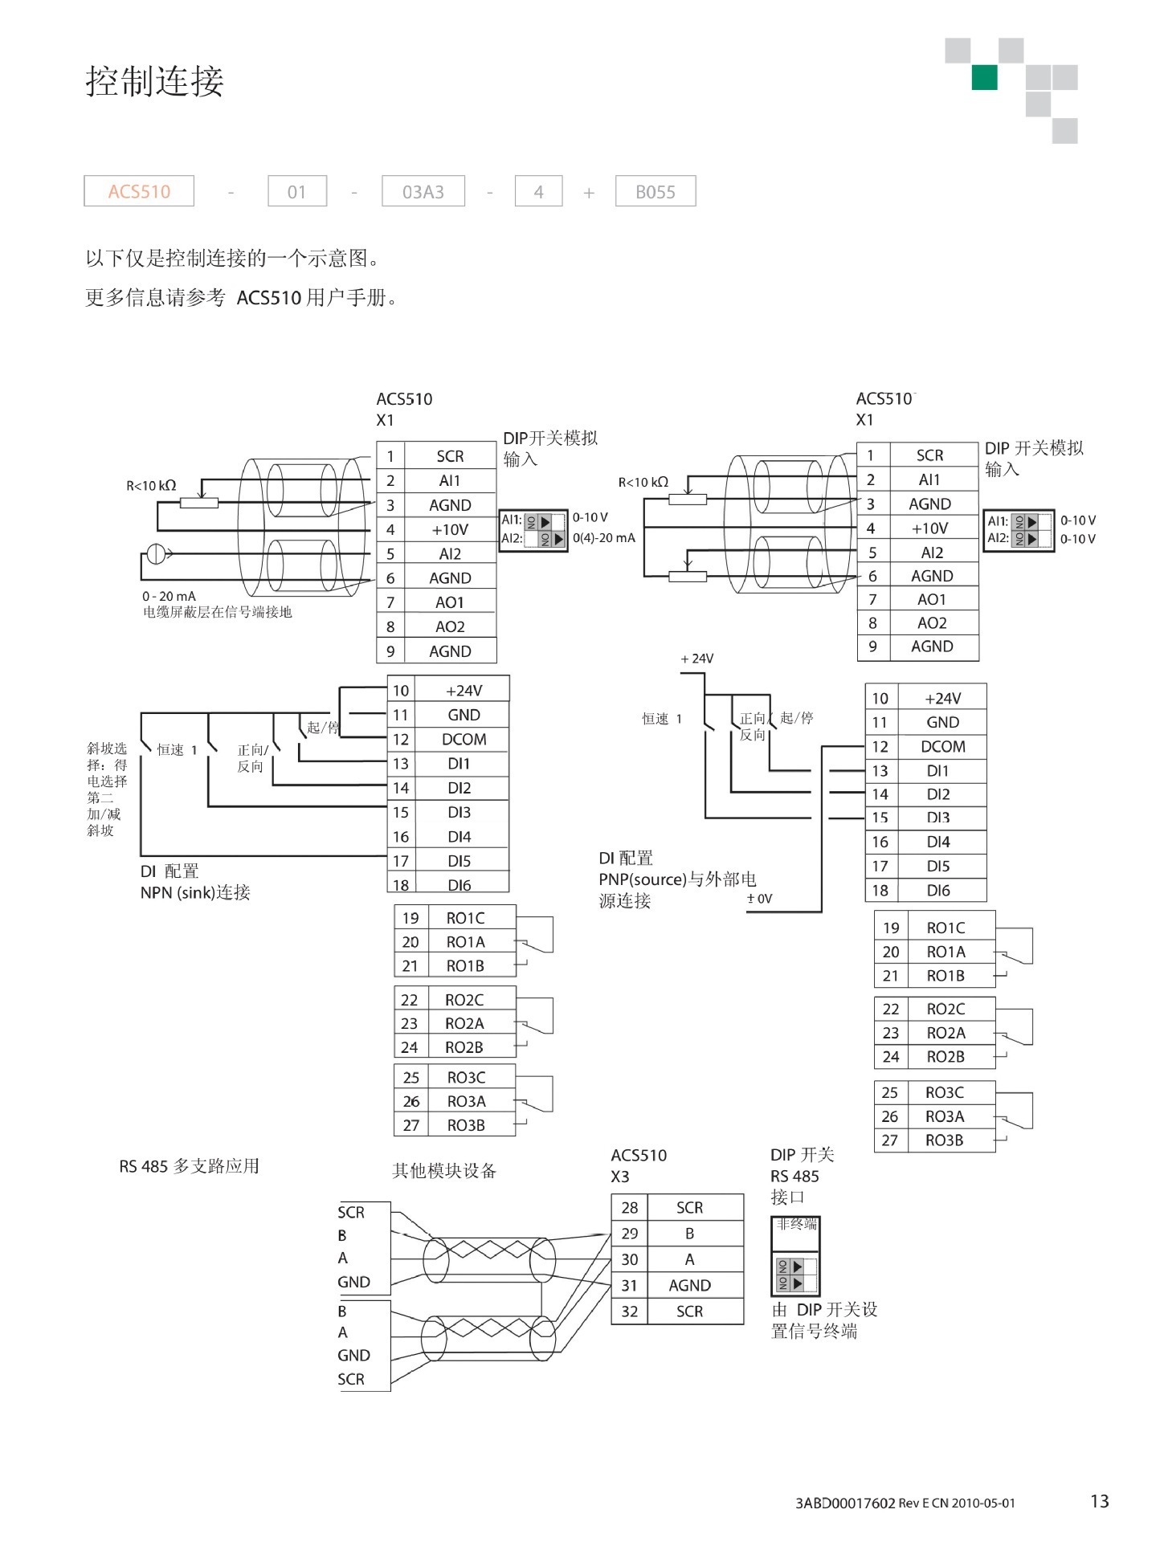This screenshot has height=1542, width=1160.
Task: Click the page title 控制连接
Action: point(154,82)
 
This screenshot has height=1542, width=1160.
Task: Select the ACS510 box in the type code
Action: point(139,191)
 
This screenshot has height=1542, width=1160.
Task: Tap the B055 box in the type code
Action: point(655,192)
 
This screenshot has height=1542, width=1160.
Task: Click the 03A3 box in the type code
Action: point(423,192)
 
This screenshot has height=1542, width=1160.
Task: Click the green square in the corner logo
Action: point(984,78)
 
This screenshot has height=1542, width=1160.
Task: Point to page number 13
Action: point(1099,1500)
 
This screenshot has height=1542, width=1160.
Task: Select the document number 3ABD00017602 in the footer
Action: point(844,1503)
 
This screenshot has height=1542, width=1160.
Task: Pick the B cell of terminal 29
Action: point(689,1233)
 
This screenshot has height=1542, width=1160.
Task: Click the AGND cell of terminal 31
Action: point(689,1285)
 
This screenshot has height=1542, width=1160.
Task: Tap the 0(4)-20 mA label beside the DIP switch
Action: point(603,538)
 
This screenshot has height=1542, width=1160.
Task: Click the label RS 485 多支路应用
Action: point(190,1166)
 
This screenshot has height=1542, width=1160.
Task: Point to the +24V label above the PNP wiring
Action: point(696,659)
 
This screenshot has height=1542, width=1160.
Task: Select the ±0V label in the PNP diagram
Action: point(759,899)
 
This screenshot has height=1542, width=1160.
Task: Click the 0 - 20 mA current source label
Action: point(169,596)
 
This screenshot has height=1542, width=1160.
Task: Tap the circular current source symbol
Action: point(156,553)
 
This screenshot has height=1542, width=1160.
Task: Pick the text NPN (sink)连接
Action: point(195,892)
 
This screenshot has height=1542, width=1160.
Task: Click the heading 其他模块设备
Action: point(444,1171)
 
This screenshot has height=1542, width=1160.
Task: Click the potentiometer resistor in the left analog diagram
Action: point(199,504)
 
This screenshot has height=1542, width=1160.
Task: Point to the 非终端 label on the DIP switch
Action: point(795,1225)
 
